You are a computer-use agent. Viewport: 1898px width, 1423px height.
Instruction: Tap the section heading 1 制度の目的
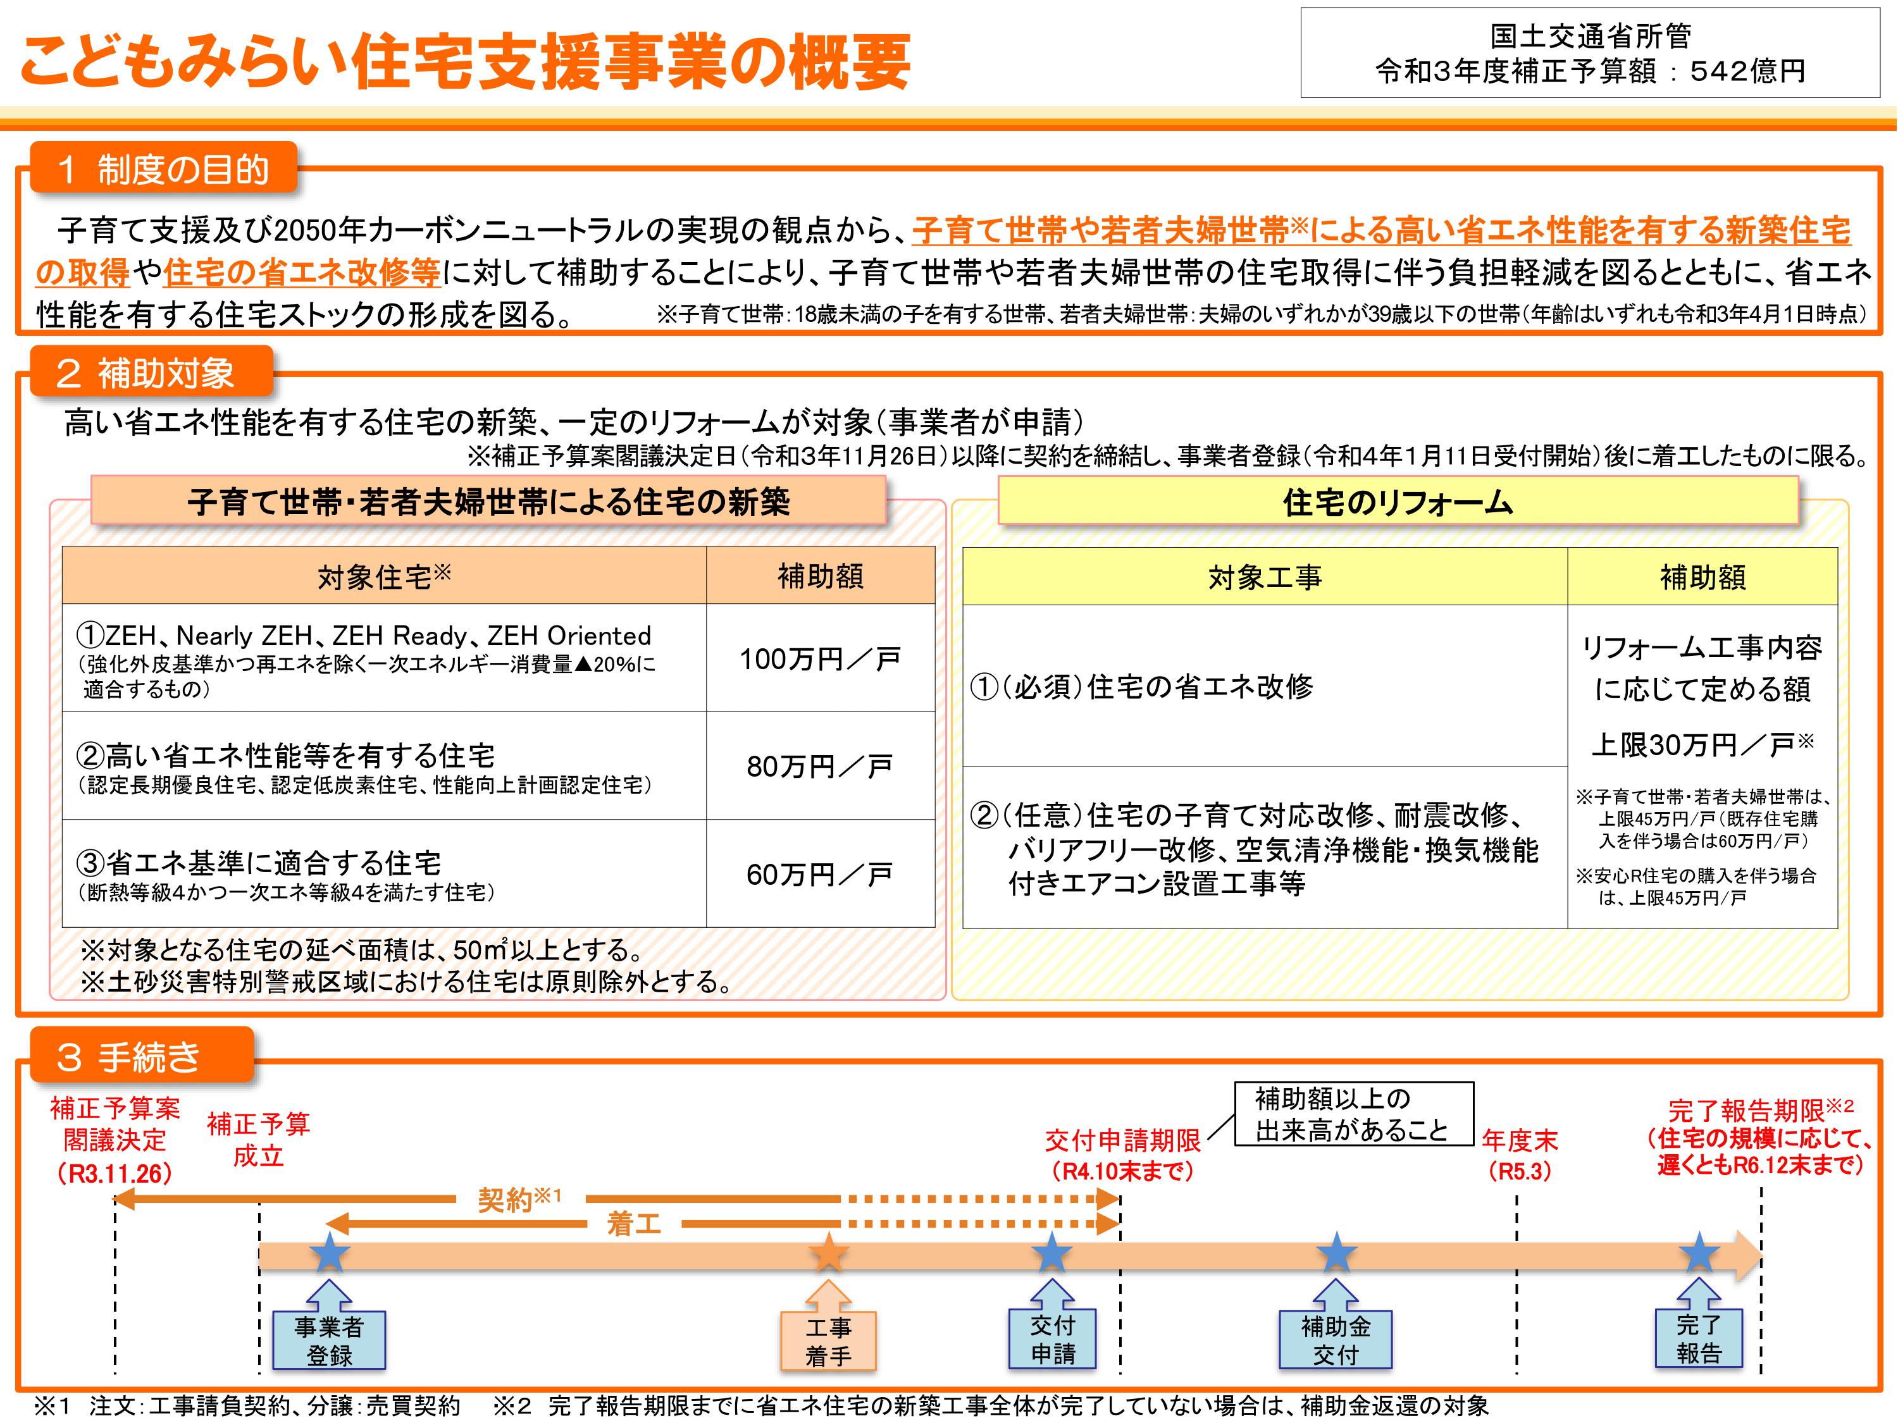[164, 169]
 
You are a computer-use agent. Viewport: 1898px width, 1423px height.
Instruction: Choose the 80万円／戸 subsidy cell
[821, 765]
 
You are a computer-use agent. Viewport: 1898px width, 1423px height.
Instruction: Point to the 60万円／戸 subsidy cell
[821, 873]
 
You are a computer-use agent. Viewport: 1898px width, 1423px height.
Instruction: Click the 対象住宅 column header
[385, 576]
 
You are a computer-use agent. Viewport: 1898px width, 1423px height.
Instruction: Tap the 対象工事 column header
[1265, 576]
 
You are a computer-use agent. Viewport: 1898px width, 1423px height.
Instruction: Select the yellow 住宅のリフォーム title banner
[1398, 501]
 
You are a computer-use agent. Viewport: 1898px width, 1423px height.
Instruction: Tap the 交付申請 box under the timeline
[1053, 1340]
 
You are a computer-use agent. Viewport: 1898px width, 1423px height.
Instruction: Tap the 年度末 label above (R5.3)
[1520, 1141]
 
